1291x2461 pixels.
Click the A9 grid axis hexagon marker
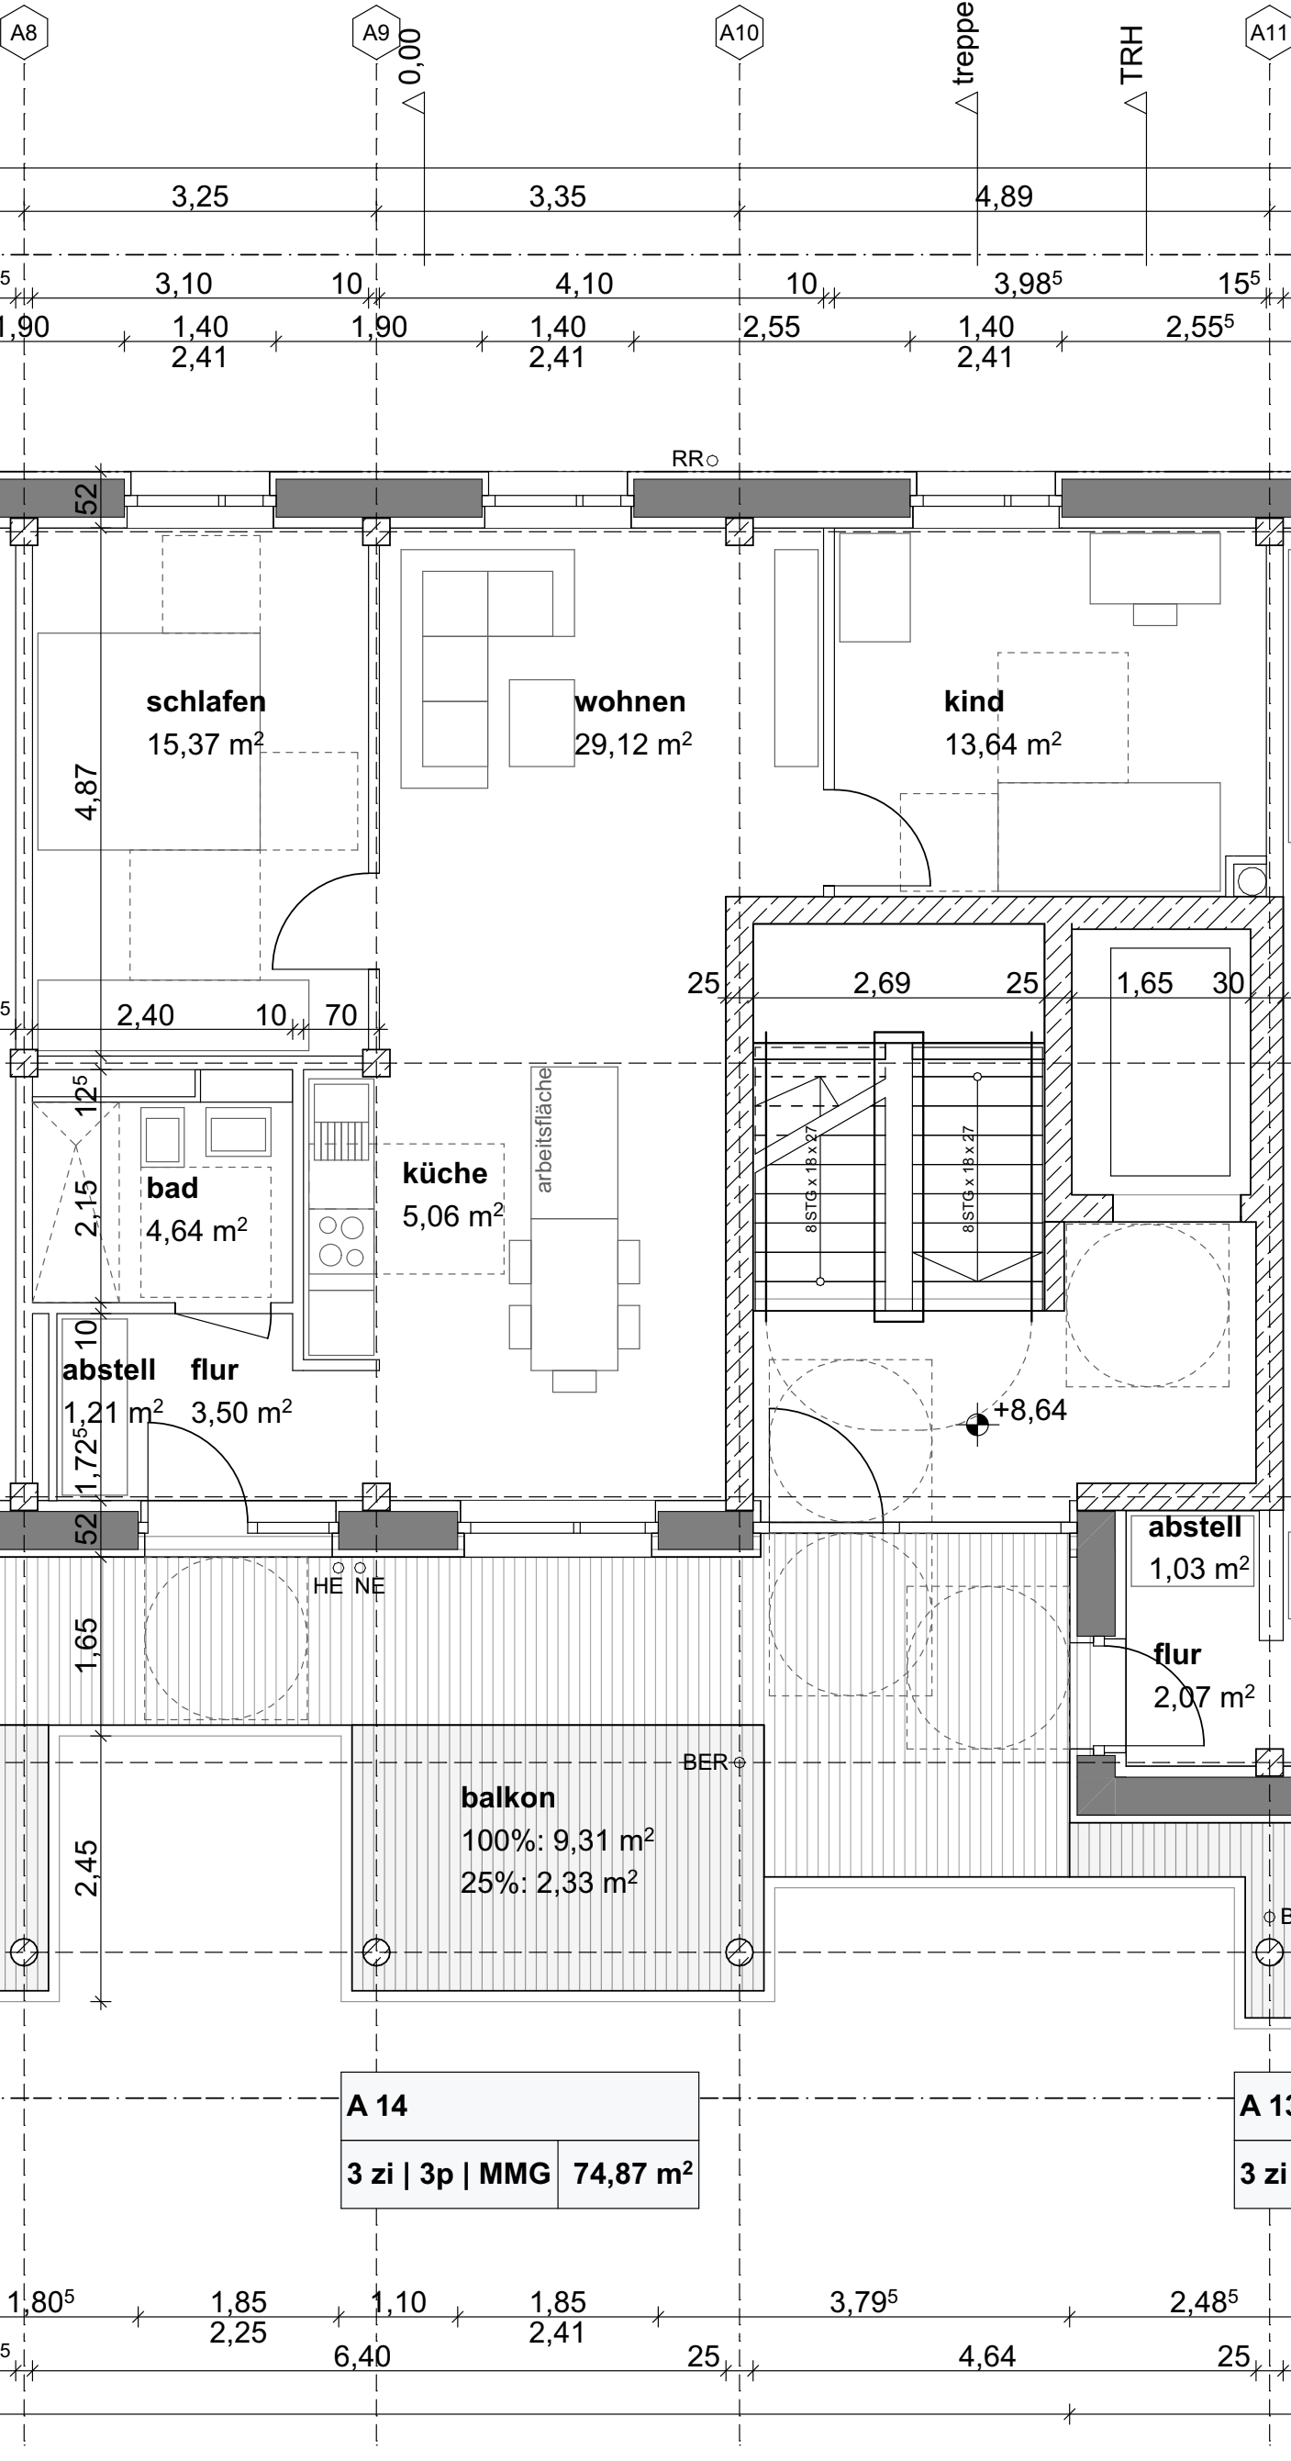(376, 32)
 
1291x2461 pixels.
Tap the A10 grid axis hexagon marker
(739, 32)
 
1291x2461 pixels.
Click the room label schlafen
(206, 702)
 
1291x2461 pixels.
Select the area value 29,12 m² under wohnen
(633, 744)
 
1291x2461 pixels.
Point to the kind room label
(974, 702)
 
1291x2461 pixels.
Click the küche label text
(444, 1173)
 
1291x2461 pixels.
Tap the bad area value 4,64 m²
(196, 1230)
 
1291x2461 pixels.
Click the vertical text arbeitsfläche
(543, 1129)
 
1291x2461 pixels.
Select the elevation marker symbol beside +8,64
(976, 1426)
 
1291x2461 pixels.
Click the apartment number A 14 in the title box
(377, 2106)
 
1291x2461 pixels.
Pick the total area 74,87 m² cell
(632, 2175)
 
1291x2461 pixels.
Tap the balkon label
(508, 1798)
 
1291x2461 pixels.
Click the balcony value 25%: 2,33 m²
(549, 1882)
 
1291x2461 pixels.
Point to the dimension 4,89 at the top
(1005, 196)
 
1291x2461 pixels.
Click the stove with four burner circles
(341, 1240)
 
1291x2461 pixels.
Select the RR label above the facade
(687, 460)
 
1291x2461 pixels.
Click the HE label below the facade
(328, 1587)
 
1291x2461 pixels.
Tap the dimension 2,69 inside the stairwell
(882, 983)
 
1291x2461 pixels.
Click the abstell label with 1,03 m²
(1195, 1527)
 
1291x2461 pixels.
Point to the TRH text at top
(1131, 54)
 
